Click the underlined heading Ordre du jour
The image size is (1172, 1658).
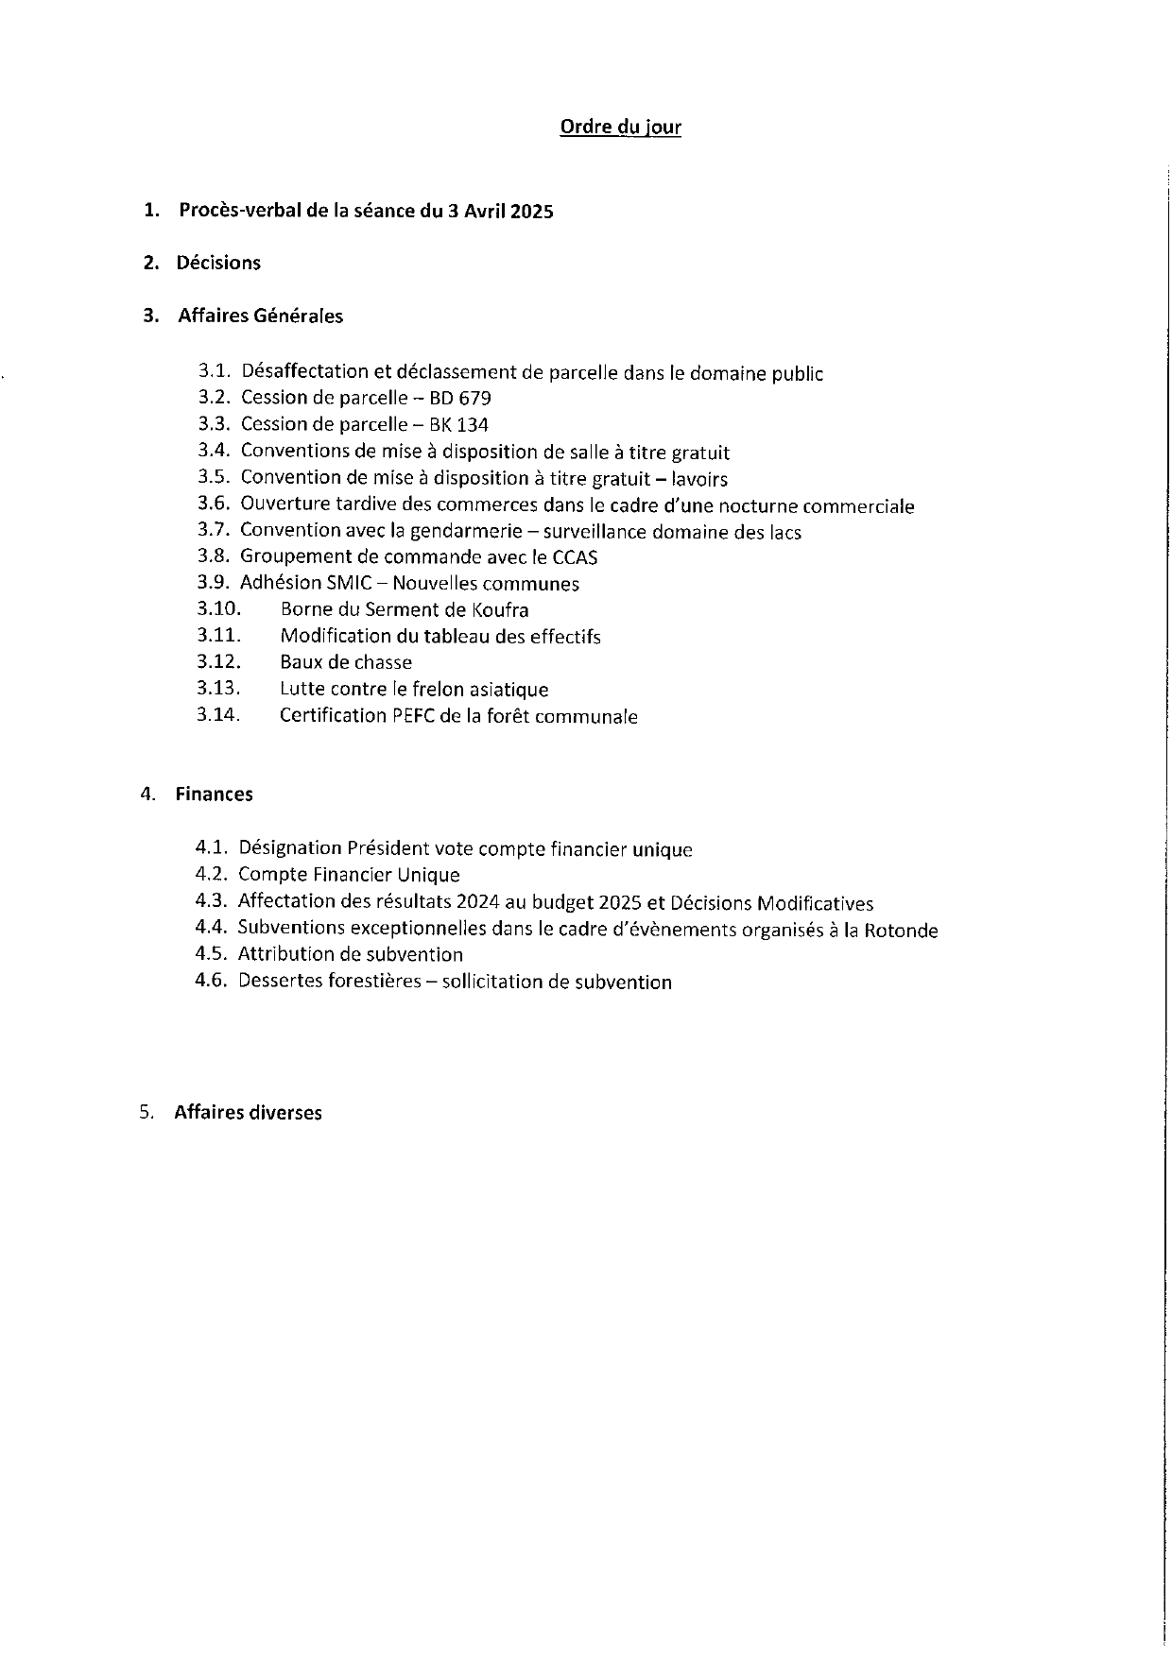click(620, 127)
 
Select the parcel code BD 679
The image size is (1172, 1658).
click(460, 398)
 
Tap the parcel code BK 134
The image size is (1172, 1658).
click(459, 424)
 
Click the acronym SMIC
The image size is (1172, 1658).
click(349, 583)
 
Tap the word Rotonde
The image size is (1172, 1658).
click(901, 931)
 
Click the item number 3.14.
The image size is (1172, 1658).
click(218, 715)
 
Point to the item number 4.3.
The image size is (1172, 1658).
click(212, 901)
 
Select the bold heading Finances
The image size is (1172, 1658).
click(214, 794)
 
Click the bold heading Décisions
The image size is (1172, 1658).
click(218, 263)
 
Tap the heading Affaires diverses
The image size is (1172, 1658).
click(248, 1112)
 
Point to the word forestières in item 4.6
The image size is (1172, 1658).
click(373, 982)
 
